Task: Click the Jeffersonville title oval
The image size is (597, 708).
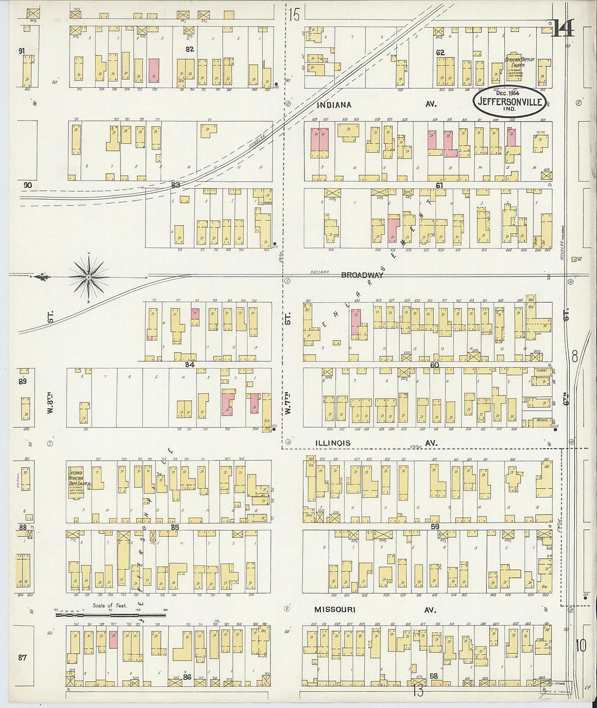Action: (x=510, y=101)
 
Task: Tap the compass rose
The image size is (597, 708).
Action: (x=88, y=277)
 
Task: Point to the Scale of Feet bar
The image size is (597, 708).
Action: (x=110, y=615)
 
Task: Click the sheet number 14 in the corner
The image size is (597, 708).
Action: (x=562, y=29)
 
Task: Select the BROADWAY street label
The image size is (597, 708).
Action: (x=362, y=275)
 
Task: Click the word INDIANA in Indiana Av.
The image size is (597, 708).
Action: (x=333, y=105)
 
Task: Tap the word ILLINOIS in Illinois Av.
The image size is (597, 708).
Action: (x=333, y=443)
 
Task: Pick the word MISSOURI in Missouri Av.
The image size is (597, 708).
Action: (x=335, y=610)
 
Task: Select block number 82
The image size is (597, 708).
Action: (x=189, y=49)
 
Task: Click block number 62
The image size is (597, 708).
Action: (x=440, y=53)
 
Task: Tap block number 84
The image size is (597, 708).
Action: (x=189, y=364)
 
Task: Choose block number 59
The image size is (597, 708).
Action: (x=435, y=526)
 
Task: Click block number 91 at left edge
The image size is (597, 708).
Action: (x=22, y=51)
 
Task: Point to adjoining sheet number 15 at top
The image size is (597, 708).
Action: (x=294, y=15)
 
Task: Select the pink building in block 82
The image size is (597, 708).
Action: (x=154, y=70)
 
